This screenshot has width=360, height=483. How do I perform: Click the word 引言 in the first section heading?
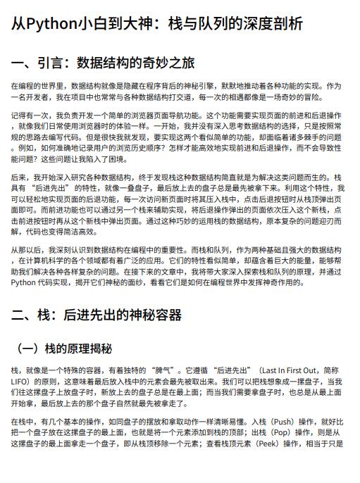[51, 64]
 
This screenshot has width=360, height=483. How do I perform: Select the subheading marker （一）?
[29, 349]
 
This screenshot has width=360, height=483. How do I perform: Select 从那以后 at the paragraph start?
[27, 250]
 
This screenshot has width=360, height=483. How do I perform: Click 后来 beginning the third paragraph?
[19, 177]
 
